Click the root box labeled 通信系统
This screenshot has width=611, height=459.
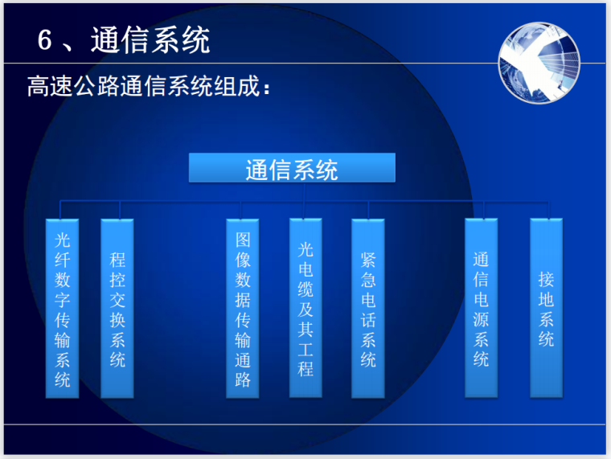[292, 169]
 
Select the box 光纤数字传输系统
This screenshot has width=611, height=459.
[63, 309]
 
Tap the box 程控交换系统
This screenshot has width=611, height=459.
[117, 309]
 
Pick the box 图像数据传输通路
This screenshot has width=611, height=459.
[243, 309]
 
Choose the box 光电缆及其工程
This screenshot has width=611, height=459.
[305, 309]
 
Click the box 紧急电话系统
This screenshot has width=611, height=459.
[368, 309]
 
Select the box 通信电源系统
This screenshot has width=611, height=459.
[481, 309]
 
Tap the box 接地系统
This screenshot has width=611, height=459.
[547, 309]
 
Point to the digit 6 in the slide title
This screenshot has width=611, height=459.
[45, 41]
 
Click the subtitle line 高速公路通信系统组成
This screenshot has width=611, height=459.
[145, 86]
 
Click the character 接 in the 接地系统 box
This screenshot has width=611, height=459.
[547, 280]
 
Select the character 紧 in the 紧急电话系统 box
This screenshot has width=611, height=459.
[368, 260]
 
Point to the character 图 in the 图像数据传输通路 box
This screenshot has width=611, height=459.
[243, 239]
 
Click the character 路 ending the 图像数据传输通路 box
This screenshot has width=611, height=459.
[243, 379]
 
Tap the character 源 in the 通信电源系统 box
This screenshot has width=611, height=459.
[481, 318]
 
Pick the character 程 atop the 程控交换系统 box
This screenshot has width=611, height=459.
[117, 260]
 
